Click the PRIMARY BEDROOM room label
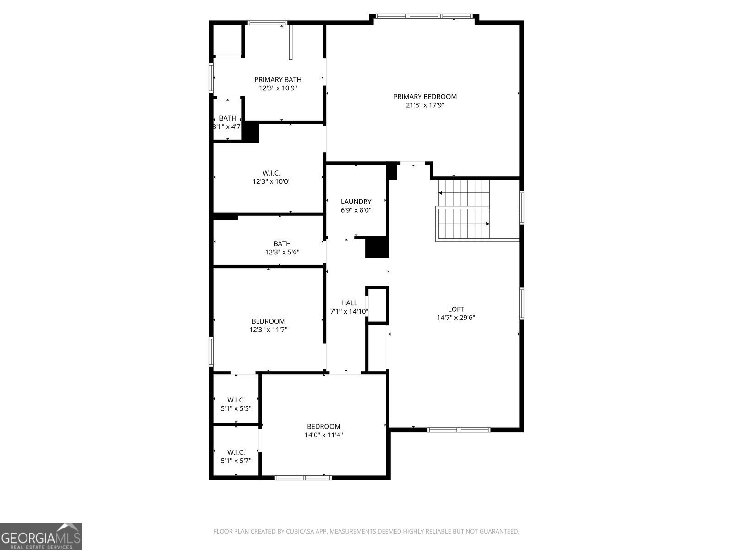click(x=425, y=96)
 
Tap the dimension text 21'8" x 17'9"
click(x=425, y=105)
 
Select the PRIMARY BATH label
click(x=278, y=79)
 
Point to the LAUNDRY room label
click(x=356, y=202)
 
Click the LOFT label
click(x=456, y=309)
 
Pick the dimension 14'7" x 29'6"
click(x=456, y=317)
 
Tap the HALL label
click(x=349, y=303)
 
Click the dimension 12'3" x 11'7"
click(x=268, y=330)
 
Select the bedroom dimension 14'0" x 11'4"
click(x=323, y=435)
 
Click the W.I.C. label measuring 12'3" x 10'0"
click(x=271, y=173)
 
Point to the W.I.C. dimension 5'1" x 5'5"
click(x=236, y=408)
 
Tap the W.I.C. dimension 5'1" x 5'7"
click(x=236, y=461)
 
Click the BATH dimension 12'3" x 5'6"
click(x=282, y=252)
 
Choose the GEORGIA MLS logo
click(x=41, y=536)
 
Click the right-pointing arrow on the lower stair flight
click(x=487, y=224)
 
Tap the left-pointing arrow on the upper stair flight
click(x=440, y=193)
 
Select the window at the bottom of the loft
click(x=459, y=429)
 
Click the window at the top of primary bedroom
click(x=424, y=16)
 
